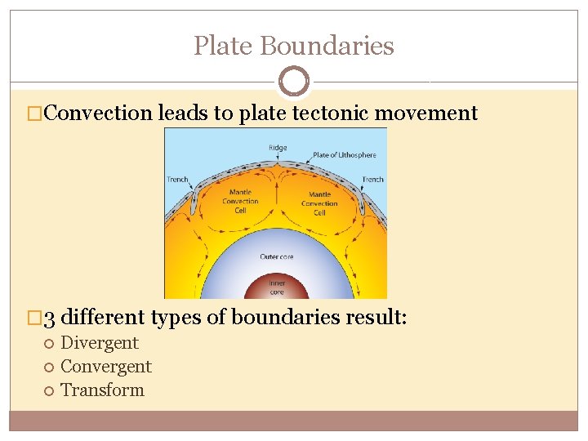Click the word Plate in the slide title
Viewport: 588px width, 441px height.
[221, 46]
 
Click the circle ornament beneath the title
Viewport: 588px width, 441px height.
[294, 82]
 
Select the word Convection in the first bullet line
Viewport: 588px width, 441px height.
[98, 114]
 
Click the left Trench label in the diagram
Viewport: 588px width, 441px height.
[177, 180]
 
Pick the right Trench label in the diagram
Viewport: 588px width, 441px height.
[372, 180]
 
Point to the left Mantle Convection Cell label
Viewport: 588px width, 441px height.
[240, 201]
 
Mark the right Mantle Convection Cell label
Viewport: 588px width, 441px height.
[319, 204]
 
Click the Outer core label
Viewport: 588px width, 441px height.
[276, 256]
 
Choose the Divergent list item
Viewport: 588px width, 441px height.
[100, 343]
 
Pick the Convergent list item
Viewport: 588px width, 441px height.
[106, 367]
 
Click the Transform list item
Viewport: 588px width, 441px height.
[102, 390]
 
